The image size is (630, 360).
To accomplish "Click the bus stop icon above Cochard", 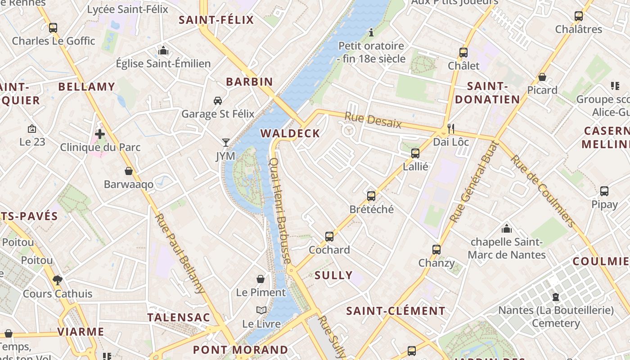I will point(329,236).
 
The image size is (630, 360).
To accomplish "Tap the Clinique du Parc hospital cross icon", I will point(100,134).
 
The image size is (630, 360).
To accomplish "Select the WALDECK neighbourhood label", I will point(290,133).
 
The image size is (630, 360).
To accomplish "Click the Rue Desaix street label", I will point(373,121).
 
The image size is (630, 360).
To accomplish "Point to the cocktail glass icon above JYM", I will point(226,143).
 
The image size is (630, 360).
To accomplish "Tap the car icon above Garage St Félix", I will point(218,100).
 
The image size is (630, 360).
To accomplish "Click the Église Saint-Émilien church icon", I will point(163,50).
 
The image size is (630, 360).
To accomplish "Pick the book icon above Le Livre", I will point(261,310).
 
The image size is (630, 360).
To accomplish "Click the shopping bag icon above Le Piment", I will point(261,279).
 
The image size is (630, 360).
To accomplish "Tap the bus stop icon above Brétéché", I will point(371,196).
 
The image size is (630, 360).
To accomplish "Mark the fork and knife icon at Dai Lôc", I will point(451,129).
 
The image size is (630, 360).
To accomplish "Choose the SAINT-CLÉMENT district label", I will point(396,311).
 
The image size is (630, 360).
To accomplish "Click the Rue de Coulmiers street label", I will point(543,191).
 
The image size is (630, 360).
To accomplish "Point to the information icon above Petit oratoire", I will point(371,32).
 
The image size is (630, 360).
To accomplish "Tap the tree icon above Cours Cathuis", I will point(57,280).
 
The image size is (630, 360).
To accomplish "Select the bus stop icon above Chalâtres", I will point(579,16).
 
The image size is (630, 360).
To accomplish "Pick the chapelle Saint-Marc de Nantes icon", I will point(507,229).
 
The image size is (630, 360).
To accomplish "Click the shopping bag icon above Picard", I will point(542,77).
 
